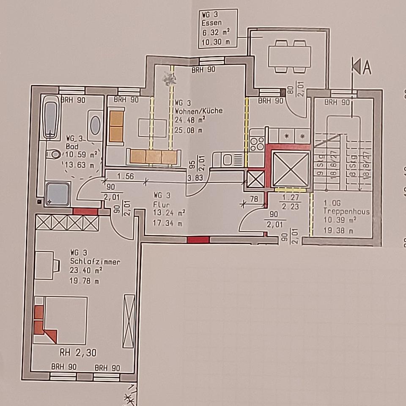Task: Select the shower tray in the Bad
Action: (57, 194)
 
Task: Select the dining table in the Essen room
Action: (289, 57)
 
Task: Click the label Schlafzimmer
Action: (95, 262)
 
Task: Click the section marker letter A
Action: (366, 67)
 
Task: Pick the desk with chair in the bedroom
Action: (47, 264)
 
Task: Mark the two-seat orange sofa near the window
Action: (116, 126)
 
